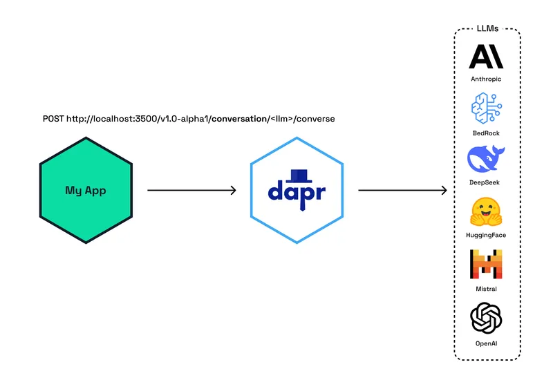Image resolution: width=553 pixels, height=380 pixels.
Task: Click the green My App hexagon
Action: tap(86, 190)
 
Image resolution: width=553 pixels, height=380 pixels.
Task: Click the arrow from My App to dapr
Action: tap(192, 190)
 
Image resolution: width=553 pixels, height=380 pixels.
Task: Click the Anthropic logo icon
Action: tap(486, 57)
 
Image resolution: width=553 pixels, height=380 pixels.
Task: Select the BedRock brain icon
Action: tap(486, 109)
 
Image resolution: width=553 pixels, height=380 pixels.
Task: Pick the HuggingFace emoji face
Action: tap(486, 211)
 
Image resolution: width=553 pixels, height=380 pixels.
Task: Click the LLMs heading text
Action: tap(487, 29)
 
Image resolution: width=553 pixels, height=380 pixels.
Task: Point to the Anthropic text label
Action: tap(486, 79)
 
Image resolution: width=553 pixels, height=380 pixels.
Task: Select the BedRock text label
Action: tap(486, 131)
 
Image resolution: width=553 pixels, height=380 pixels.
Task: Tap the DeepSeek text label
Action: tap(486, 182)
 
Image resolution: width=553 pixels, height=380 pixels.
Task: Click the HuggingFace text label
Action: tap(486, 235)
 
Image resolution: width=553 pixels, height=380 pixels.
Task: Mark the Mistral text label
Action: tap(486, 289)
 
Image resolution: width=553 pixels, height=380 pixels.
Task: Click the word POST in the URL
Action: tap(53, 119)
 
